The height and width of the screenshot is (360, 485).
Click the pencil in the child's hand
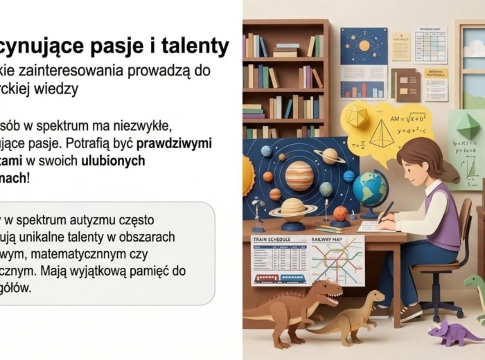coord(385,212)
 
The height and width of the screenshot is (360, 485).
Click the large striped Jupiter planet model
coord(299,176)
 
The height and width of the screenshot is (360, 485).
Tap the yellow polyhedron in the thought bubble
coord(358,116)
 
